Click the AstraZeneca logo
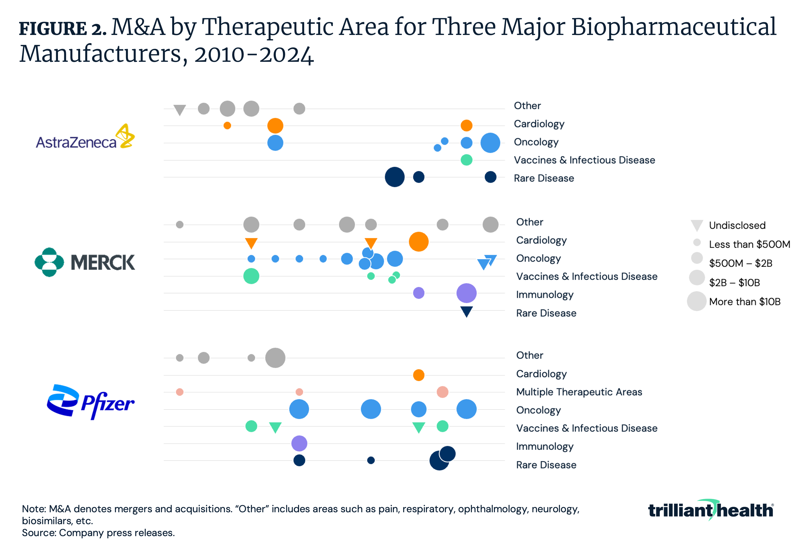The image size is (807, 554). (x=85, y=137)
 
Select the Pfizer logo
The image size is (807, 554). (x=90, y=402)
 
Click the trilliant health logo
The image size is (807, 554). (x=711, y=510)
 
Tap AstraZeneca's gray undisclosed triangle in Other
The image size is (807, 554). (x=180, y=110)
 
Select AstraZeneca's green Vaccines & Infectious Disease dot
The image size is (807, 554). (x=466, y=160)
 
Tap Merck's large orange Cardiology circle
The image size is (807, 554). (x=419, y=241)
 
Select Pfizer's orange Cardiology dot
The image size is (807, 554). (x=419, y=375)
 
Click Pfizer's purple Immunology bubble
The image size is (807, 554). (x=299, y=443)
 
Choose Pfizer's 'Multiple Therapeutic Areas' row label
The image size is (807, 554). (x=579, y=392)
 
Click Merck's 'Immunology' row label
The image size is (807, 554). (x=545, y=295)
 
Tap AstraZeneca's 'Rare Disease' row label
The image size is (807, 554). (x=544, y=178)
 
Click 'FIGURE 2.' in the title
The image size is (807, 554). (x=63, y=28)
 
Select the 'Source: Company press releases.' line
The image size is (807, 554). (x=98, y=533)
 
